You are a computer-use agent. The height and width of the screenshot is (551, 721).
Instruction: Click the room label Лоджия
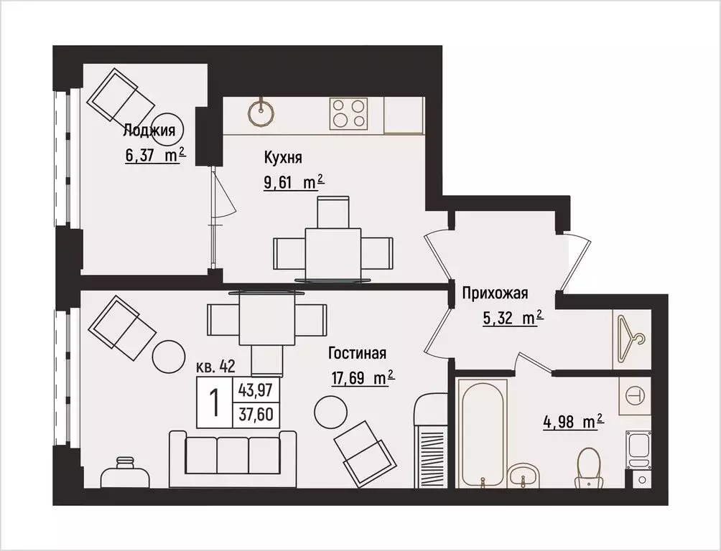(x=149, y=130)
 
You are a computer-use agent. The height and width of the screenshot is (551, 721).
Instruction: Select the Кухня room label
(x=282, y=158)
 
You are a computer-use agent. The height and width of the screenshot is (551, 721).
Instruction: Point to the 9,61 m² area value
(x=294, y=183)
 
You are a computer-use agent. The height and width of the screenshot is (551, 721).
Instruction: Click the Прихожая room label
(x=495, y=293)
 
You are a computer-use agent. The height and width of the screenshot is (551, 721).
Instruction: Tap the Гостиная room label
(x=358, y=353)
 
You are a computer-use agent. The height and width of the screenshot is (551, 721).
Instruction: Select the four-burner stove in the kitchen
(x=349, y=113)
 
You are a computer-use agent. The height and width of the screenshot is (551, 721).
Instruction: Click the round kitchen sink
(x=264, y=111)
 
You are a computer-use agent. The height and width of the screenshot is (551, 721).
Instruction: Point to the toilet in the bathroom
(x=588, y=466)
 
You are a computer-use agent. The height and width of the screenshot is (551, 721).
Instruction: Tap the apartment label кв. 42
(x=215, y=367)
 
